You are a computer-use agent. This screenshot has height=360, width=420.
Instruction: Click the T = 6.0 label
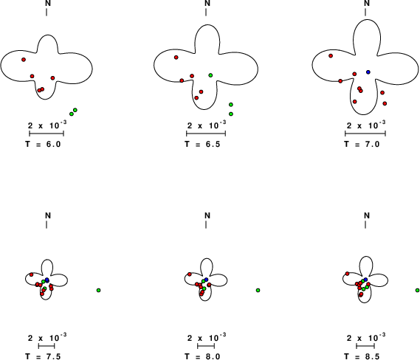click(43, 144)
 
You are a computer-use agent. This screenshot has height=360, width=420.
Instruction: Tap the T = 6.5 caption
click(202, 144)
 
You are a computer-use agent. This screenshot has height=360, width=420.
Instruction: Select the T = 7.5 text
click(43, 356)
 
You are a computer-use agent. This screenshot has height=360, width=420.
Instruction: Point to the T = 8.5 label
click(362, 356)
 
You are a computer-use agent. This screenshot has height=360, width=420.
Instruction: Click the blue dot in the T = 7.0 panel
click(368, 72)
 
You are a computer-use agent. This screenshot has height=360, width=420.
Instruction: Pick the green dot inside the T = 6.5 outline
click(210, 75)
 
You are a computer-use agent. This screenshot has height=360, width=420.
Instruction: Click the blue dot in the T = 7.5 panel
click(47, 280)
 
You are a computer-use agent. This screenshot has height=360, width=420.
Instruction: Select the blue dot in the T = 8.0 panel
click(206, 280)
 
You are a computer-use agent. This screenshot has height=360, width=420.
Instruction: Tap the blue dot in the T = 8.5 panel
click(365, 280)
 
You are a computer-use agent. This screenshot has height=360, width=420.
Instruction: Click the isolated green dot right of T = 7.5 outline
click(99, 290)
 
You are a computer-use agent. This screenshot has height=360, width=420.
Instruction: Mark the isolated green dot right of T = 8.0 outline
click(258, 290)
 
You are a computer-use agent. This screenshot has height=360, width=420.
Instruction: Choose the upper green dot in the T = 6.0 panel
click(75, 110)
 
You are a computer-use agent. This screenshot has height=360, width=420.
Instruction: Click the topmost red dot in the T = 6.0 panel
click(24, 60)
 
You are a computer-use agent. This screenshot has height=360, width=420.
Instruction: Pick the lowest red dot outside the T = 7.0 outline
click(385, 103)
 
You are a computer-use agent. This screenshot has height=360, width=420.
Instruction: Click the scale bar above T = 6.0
click(47, 134)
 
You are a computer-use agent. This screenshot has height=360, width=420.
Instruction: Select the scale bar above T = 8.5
click(365, 346)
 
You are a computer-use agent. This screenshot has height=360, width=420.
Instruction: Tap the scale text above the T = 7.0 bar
click(366, 125)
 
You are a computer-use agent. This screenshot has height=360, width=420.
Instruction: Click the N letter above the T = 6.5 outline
click(207, 3)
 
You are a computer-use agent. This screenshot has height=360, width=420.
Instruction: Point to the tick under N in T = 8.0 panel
click(206, 225)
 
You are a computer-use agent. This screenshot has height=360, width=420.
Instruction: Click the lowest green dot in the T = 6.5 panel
click(231, 114)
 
